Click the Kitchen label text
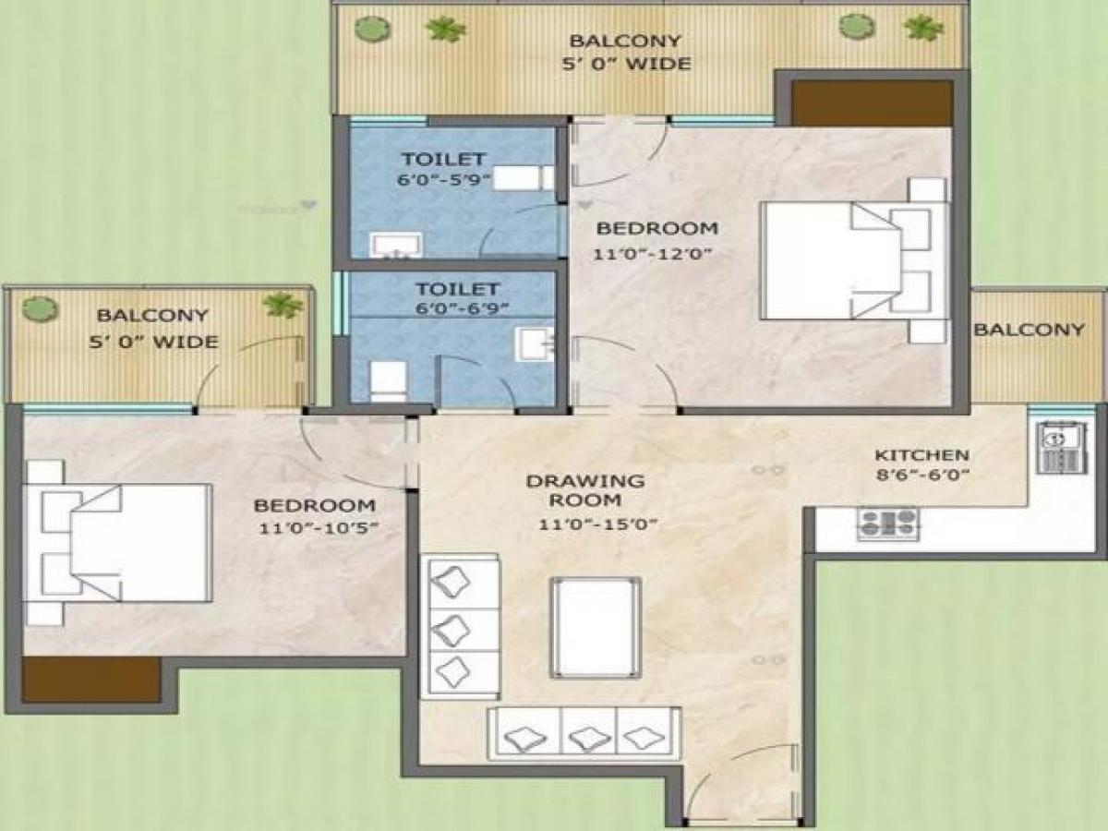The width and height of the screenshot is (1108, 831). [921, 455]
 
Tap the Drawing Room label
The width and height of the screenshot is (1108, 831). [585, 491]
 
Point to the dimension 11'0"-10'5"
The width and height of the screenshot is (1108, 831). [315, 528]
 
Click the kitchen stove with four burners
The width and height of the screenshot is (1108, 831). [887, 523]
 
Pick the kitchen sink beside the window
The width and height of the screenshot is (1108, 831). [1053, 448]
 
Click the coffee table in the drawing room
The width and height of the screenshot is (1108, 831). [596, 628]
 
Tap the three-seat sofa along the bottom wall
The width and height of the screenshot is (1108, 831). [584, 734]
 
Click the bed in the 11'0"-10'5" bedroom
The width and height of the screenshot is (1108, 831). [120, 543]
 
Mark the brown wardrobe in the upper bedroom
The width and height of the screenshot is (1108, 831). [872, 103]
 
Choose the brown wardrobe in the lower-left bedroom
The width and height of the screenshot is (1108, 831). [90, 680]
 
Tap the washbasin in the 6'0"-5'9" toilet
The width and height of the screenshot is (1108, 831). [396, 245]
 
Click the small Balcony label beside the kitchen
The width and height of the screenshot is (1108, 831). [1029, 330]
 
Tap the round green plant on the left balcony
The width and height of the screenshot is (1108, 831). [40, 308]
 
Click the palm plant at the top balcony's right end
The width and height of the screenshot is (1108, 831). [923, 28]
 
